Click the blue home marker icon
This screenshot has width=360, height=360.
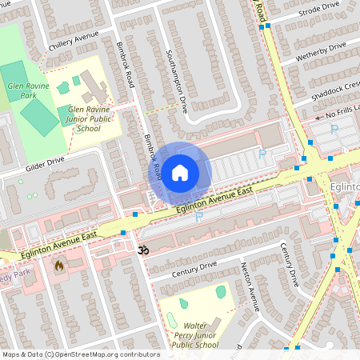click(x=180, y=173)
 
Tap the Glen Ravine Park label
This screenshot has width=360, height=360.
click(x=22, y=90)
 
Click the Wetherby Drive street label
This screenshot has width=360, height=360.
click(x=321, y=53)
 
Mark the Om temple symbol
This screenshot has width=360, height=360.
click(x=144, y=250)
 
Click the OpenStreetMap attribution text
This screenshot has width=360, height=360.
click(x=81, y=354)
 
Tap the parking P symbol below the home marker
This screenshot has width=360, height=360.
click(x=198, y=216)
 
